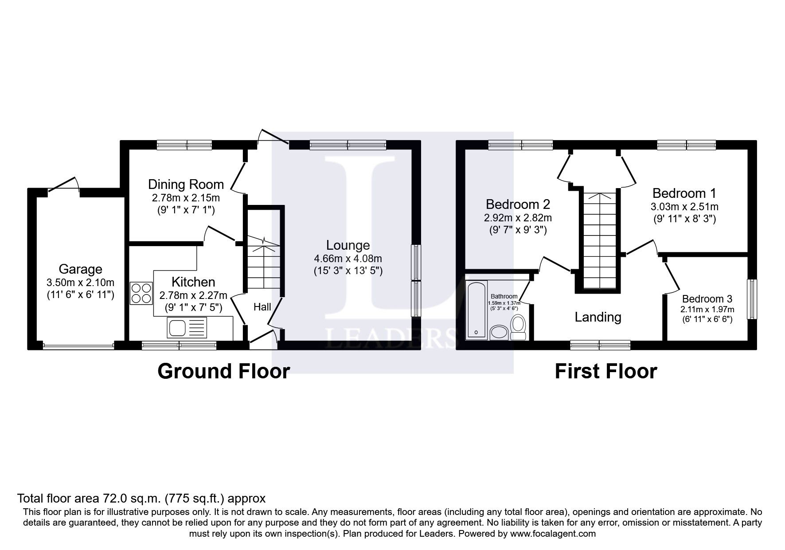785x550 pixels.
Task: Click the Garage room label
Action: tap(80, 269)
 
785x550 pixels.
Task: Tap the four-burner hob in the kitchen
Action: tap(141, 293)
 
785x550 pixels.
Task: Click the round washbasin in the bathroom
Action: tap(500, 332)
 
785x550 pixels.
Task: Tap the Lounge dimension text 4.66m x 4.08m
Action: tap(348, 259)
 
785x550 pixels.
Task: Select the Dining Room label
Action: tap(186, 184)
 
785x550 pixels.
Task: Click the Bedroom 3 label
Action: tap(707, 299)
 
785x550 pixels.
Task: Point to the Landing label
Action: tap(598, 317)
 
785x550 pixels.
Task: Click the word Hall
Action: tap(262, 307)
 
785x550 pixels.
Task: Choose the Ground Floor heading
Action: tap(223, 371)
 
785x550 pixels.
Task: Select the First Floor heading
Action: tap(605, 371)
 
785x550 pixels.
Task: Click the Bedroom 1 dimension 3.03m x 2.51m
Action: tap(684, 207)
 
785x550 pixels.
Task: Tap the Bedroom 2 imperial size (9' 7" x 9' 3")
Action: tap(518, 230)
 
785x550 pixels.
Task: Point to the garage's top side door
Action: tap(63, 185)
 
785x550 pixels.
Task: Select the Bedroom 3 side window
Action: tap(752, 299)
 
